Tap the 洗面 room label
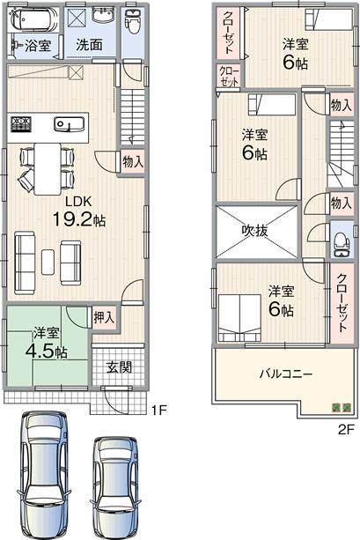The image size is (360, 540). [x=88, y=44]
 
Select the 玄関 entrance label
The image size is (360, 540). [x=120, y=366]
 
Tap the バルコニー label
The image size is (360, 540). [x=285, y=374]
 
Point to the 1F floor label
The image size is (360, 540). [x=158, y=410]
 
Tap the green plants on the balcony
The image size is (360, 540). [x=340, y=406]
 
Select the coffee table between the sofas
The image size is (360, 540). [x=48, y=262]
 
